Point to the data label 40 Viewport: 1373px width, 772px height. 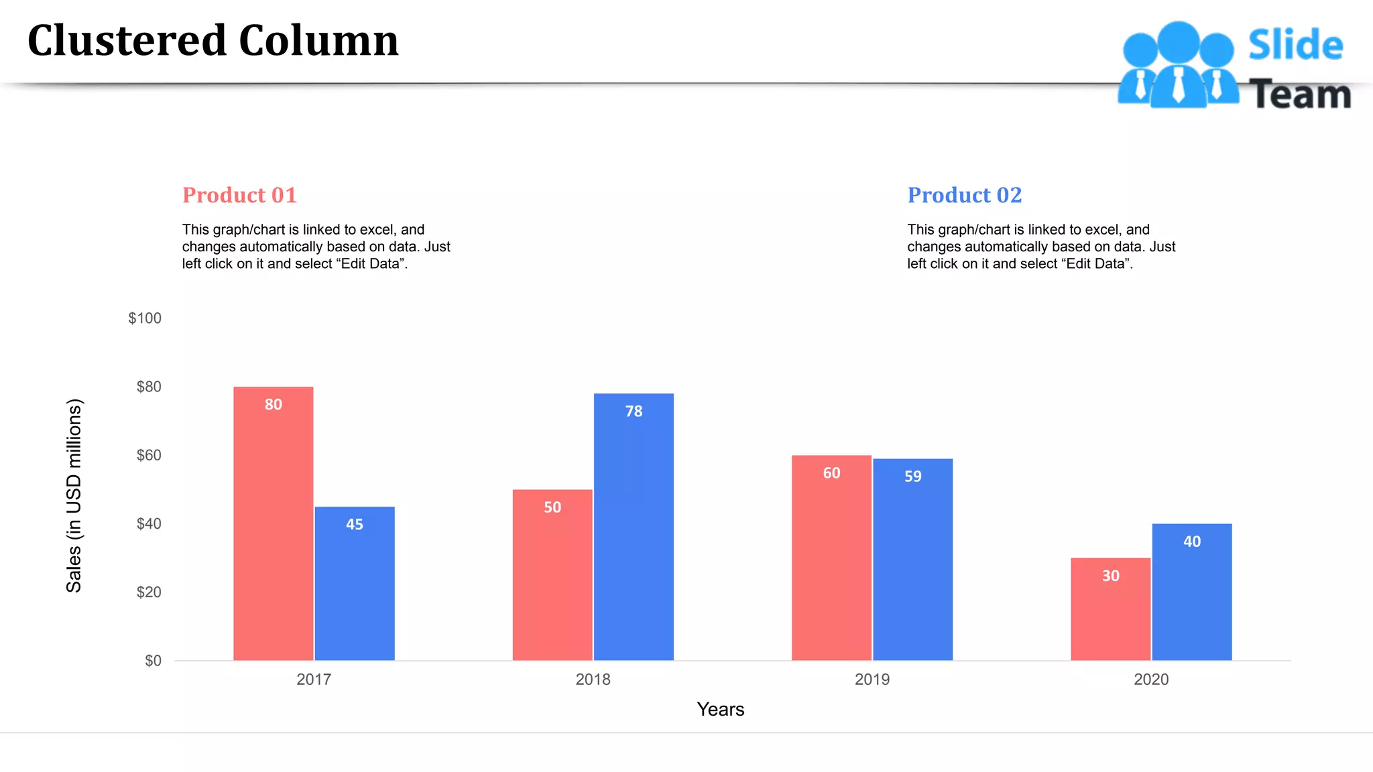(x=1192, y=541)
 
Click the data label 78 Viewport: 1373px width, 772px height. (x=634, y=411)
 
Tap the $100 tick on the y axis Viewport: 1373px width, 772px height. (x=145, y=318)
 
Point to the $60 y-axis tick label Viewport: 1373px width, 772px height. (x=149, y=456)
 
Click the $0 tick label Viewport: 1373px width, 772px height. (x=153, y=661)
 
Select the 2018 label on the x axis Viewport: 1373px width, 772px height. (x=593, y=680)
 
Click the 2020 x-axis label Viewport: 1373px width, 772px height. (x=1151, y=680)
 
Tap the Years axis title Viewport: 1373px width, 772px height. (x=720, y=709)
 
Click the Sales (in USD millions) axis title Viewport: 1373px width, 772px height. (x=74, y=496)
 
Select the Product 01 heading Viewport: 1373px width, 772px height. (x=239, y=195)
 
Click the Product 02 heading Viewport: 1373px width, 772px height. (x=964, y=195)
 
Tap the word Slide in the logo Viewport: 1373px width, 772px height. (x=1295, y=46)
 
